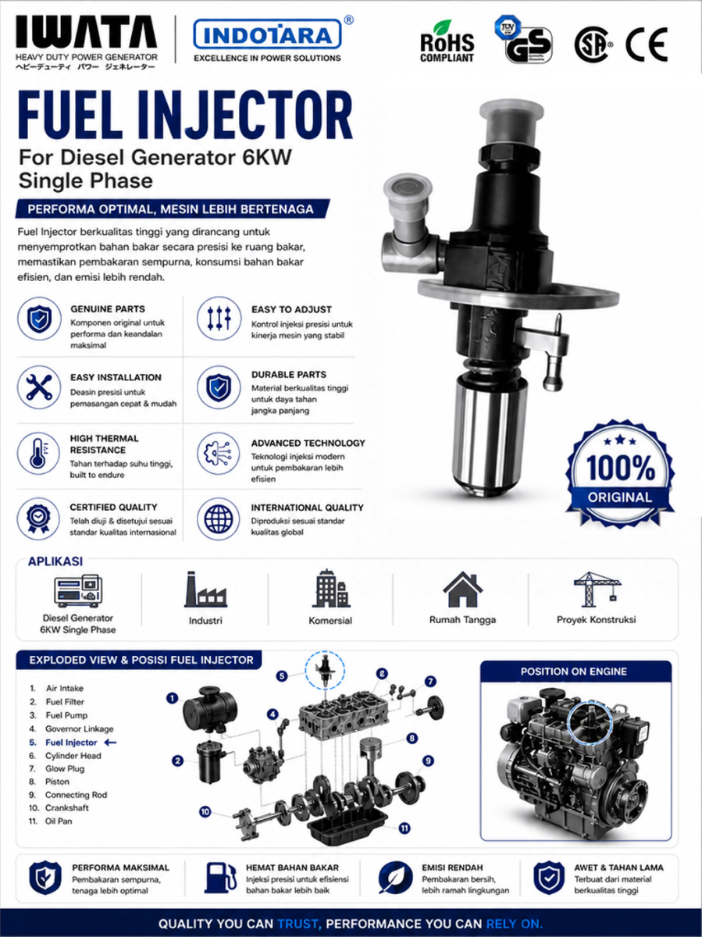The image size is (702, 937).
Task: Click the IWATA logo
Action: click(x=87, y=31)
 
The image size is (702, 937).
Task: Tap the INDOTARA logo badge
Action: click(x=268, y=34)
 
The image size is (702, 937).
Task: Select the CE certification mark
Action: click(x=647, y=45)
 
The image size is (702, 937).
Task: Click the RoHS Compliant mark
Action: click(x=447, y=42)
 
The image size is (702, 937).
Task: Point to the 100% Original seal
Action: click(x=620, y=474)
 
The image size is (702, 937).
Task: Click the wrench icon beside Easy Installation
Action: click(x=39, y=387)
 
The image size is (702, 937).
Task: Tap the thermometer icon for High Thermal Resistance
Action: click(x=38, y=454)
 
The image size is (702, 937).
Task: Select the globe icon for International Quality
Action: click(x=219, y=519)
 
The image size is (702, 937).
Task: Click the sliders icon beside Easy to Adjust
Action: click(x=219, y=319)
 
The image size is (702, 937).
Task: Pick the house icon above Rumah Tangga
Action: click(x=462, y=590)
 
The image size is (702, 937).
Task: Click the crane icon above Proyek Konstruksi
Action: click(x=597, y=590)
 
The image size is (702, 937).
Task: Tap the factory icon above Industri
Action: click(x=205, y=590)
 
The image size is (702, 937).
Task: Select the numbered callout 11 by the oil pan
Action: click(x=404, y=828)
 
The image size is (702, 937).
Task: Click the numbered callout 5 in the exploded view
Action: click(x=282, y=675)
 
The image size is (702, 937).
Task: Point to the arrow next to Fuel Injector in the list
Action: click(x=110, y=743)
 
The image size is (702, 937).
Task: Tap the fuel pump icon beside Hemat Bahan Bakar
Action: click(x=219, y=878)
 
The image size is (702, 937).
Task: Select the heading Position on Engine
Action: click(x=574, y=672)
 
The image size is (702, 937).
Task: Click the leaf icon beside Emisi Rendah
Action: click(x=395, y=878)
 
